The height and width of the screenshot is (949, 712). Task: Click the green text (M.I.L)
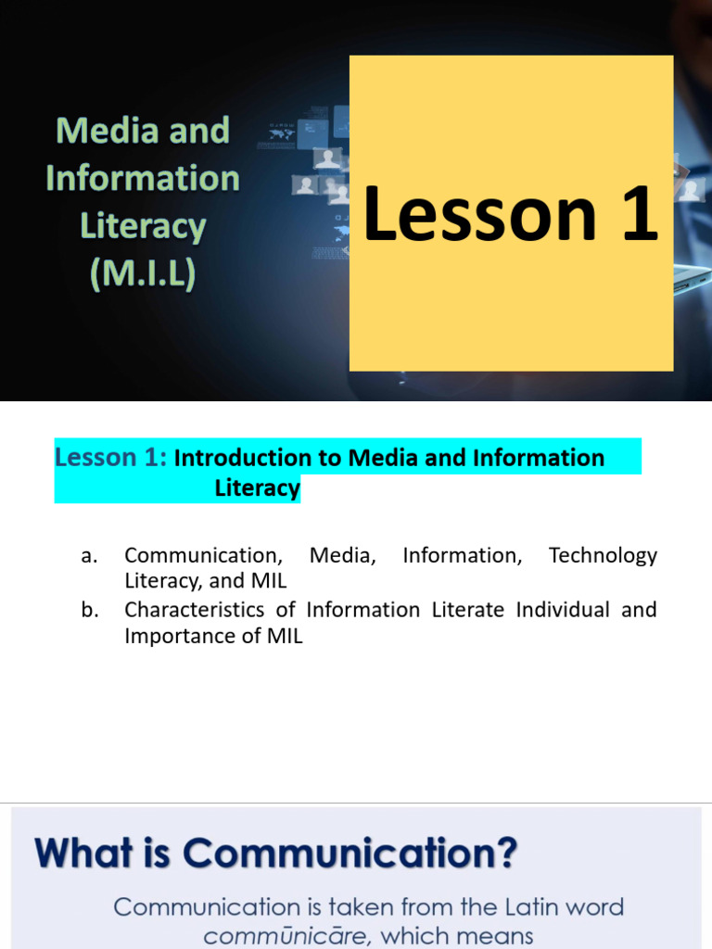pos(143,274)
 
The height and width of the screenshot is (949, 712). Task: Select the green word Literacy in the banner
pos(143,226)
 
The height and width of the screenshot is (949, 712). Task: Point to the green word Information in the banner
pos(143,178)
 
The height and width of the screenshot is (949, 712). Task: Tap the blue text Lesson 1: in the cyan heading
pos(110,457)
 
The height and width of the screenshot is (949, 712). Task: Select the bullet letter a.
pos(89,556)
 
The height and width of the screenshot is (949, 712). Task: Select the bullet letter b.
pos(89,610)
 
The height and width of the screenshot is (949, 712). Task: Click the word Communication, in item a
pos(202,556)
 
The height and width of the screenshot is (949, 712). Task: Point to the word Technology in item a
pos(603,556)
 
